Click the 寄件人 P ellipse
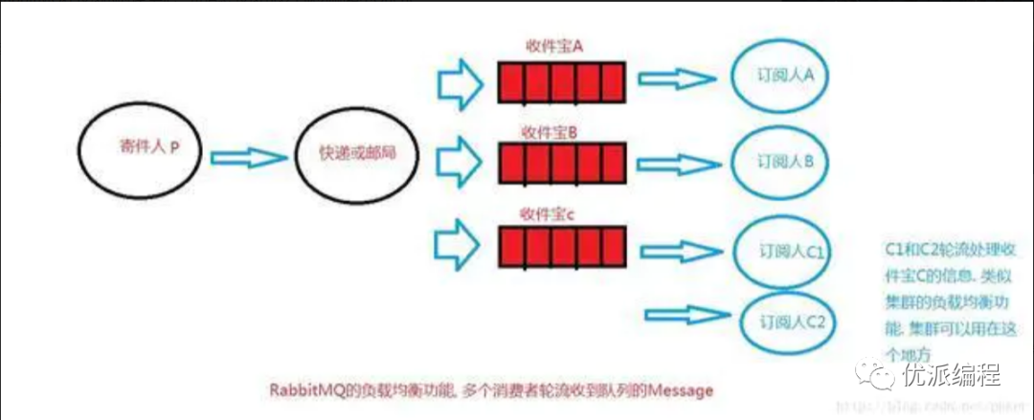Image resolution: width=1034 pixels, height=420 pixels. point(142,152)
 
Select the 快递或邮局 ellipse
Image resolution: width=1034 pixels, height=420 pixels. point(355,155)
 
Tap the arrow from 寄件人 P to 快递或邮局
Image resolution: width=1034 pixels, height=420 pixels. point(248,156)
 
